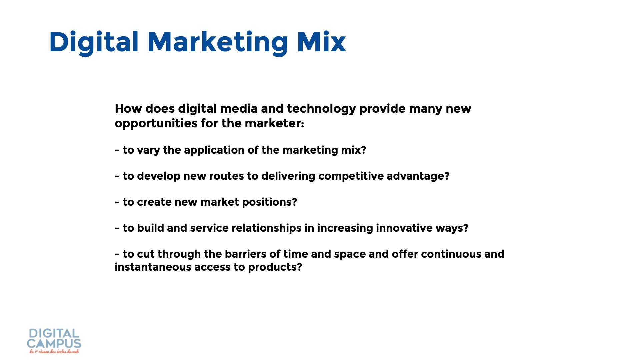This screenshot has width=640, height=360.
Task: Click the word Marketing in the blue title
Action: tap(218, 43)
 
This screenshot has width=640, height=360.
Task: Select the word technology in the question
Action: tap(321, 109)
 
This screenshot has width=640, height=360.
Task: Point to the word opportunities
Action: tap(156, 124)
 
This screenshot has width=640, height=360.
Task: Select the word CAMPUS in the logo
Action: tap(54, 344)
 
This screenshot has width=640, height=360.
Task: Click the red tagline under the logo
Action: tap(54, 351)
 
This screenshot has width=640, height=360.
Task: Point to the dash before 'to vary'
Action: tap(117, 151)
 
